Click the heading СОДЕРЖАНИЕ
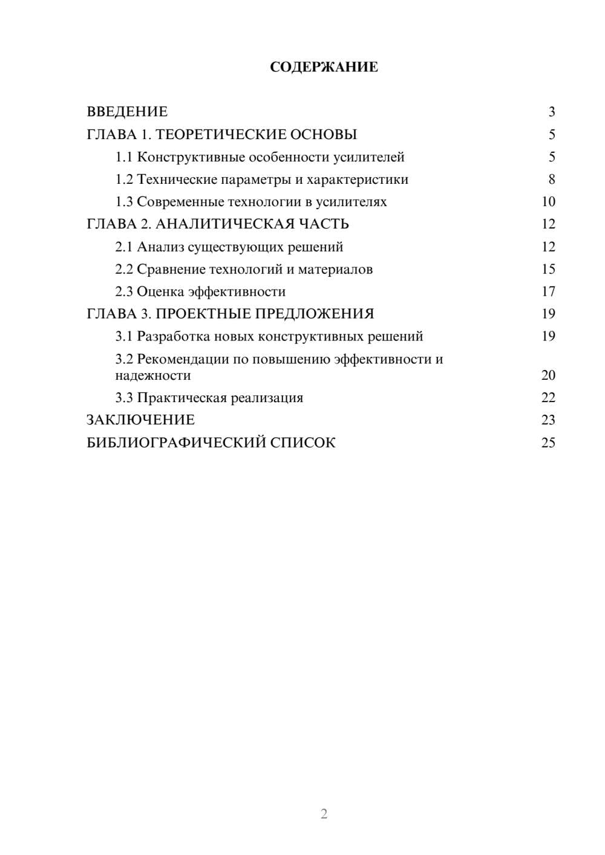point(324,67)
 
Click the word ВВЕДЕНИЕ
point(127,112)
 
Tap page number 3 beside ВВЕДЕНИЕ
point(552,112)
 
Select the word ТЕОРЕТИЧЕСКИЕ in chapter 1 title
point(212,134)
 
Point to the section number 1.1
point(124,157)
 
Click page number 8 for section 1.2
point(552,180)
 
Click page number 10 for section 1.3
point(548,202)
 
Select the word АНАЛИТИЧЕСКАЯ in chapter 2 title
point(224,224)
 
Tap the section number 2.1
point(124,247)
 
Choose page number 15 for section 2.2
point(548,270)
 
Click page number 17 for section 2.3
point(548,292)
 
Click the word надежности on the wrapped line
point(153,375)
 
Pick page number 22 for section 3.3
point(548,398)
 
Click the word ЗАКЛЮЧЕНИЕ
point(140,420)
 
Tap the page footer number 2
point(324,814)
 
